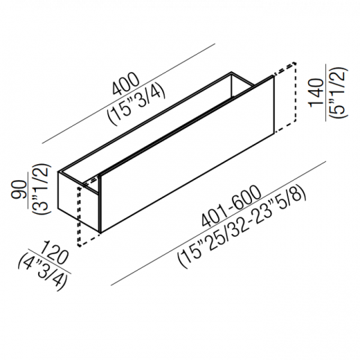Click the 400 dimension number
click(x=125, y=84)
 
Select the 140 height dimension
click(x=316, y=93)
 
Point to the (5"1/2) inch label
click(x=337, y=93)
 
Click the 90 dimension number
click(x=19, y=189)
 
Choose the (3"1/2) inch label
click(x=41, y=189)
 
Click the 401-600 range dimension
click(x=231, y=206)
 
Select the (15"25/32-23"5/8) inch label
click(x=242, y=228)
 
